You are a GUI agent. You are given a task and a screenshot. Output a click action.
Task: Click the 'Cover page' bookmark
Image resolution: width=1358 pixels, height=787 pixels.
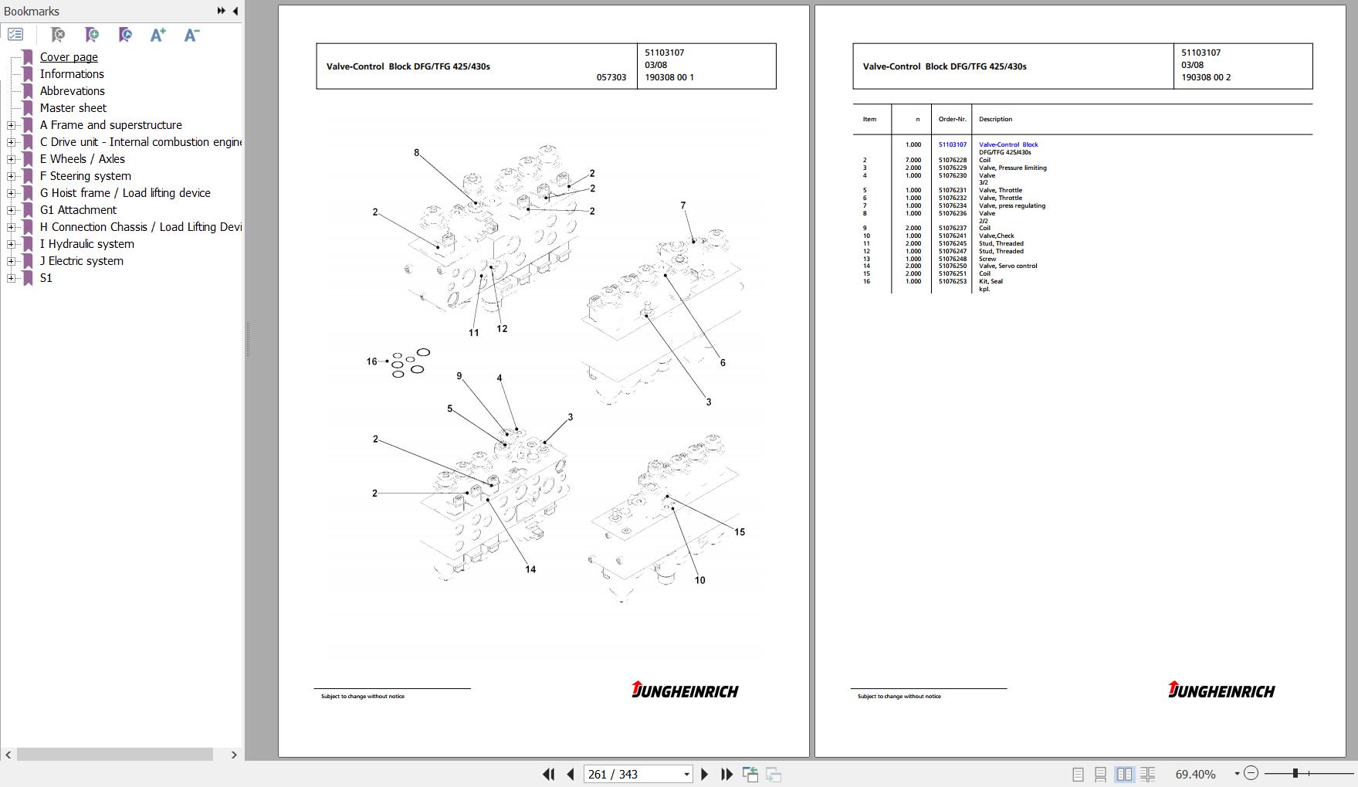pyautogui.click(x=69, y=57)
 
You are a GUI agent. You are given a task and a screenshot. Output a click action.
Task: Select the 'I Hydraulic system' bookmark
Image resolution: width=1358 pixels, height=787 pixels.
pyautogui.click(x=86, y=244)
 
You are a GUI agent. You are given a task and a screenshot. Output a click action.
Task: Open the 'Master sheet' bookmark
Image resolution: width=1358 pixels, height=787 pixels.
pyautogui.click(x=73, y=108)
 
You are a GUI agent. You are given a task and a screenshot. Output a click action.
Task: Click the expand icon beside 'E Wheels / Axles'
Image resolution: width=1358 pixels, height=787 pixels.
pyautogui.click(x=11, y=159)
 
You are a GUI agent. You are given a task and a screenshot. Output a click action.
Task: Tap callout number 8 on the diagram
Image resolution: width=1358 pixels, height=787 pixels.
pyautogui.click(x=416, y=153)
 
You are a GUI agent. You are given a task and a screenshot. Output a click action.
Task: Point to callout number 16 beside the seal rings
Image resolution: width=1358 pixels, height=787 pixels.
pyautogui.click(x=371, y=361)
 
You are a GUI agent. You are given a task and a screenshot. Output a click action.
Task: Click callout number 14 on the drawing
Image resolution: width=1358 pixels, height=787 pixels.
pyautogui.click(x=530, y=570)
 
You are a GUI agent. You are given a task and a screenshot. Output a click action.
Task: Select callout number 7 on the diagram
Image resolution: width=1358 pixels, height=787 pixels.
pyautogui.click(x=682, y=205)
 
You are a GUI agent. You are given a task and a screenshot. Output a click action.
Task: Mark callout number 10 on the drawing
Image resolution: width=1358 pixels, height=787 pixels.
pyautogui.click(x=699, y=581)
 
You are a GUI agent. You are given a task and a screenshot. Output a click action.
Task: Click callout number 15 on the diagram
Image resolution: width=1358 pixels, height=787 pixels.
pyautogui.click(x=739, y=532)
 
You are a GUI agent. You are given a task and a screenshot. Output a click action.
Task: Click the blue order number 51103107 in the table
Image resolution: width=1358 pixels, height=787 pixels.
pyautogui.click(x=952, y=144)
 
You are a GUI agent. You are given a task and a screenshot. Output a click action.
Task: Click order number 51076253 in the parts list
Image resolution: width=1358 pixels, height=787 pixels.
pyautogui.click(x=952, y=281)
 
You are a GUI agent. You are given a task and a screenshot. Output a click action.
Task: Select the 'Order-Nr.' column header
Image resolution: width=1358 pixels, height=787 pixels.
pyautogui.click(x=952, y=120)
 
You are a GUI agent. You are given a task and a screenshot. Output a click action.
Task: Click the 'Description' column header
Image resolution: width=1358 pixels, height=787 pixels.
pyautogui.click(x=995, y=120)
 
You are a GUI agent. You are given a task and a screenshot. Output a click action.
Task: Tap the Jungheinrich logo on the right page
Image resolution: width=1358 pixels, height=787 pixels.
pyautogui.click(x=1221, y=690)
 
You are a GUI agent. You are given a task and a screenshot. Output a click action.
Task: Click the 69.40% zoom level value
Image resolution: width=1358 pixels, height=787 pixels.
pyautogui.click(x=1195, y=774)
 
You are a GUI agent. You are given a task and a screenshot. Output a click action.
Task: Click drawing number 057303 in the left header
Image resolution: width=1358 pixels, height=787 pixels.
pyautogui.click(x=611, y=77)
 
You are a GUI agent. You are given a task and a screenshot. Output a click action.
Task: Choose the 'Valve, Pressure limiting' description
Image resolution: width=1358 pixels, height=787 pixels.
pyautogui.click(x=1012, y=168)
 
